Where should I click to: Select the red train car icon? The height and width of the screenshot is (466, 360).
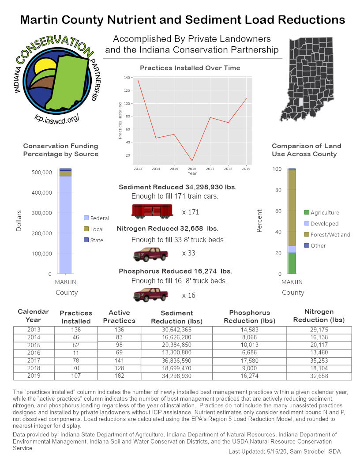pyautogui.click(x=152, y=211)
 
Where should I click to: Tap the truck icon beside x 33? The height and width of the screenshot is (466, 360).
pyautogui.click(x=151, y=255)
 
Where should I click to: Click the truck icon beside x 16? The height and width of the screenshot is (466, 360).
pyautogui.click(x=151, y=294)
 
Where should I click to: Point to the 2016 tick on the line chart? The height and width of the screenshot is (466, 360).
pyautogui.click(x=192, y=168)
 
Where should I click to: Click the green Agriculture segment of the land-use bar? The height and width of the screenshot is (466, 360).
pyautogui.click(x=292, y=263)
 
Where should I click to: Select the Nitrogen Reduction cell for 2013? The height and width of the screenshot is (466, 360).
pyautogui.click(x=319, y=330)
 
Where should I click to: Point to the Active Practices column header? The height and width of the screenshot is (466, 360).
pyautogui.click(x=119, y=316)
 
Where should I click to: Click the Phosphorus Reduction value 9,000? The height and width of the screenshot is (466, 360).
pyautogui.click(x=249, y=368)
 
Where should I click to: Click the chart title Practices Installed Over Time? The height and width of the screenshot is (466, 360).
pyautogui.click(x=190, y=68)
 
